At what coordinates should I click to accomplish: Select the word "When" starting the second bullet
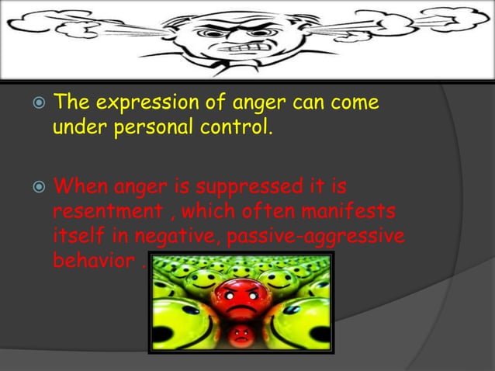point(81,188)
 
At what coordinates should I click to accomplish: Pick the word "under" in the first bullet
point(74,127)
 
